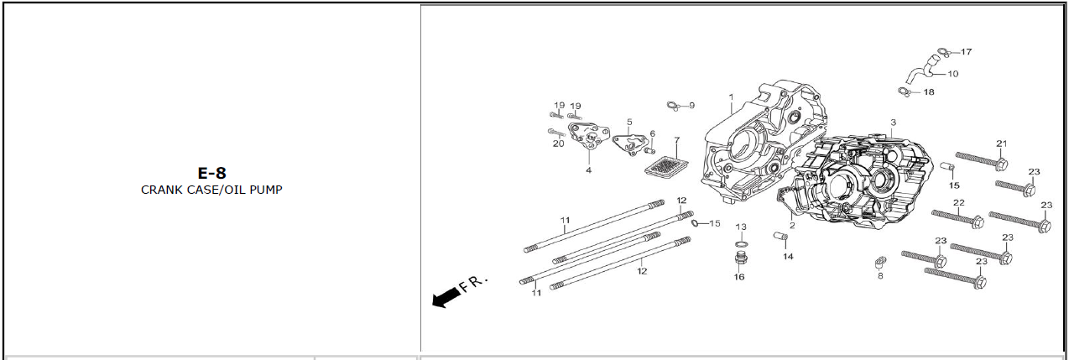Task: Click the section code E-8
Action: pos(211,174)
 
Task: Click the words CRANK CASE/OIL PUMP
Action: pos(211,190)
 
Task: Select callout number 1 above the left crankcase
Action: pos(731,97)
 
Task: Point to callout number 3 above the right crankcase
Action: pos(893,123)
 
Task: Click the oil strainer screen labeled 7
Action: pos(665,164)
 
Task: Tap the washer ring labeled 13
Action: pos(740,243)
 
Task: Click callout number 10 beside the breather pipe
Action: pos(952,74)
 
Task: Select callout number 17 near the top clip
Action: pos(966,52)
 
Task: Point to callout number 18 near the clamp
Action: pos(929,92)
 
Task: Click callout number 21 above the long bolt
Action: pos(1001,143)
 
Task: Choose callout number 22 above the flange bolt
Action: pos(958,203)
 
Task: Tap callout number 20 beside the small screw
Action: pos(558,143)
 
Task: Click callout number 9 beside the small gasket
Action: pos(691,106)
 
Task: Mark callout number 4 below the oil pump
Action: pos(588,170)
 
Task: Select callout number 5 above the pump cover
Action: pos(629,123)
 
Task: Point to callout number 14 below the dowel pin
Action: pos(788,257)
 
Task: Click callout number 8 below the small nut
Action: pos(879,276)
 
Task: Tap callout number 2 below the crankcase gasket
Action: pos(791,225)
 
